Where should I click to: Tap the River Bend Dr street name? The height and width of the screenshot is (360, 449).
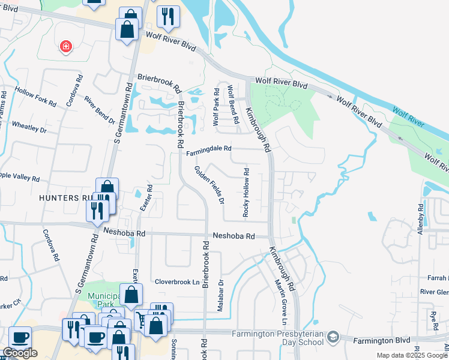tap(99, 110)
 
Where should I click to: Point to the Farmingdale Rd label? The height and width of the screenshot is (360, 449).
tap(208, 153)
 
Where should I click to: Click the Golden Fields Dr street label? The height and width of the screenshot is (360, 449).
tap(209, 184)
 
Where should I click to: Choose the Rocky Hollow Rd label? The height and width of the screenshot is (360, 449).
tap(246, 193)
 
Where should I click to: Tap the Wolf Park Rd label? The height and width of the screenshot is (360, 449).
tap(217, 107)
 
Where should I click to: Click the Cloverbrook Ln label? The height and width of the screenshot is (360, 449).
tap(176, 281)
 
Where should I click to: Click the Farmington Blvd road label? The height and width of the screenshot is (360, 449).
tap(382, 340)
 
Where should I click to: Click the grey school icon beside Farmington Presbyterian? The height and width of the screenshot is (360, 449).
tap(333, 338)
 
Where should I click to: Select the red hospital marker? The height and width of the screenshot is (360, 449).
tap(65, 47)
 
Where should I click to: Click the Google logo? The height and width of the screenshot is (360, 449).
tap(20, 353)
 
